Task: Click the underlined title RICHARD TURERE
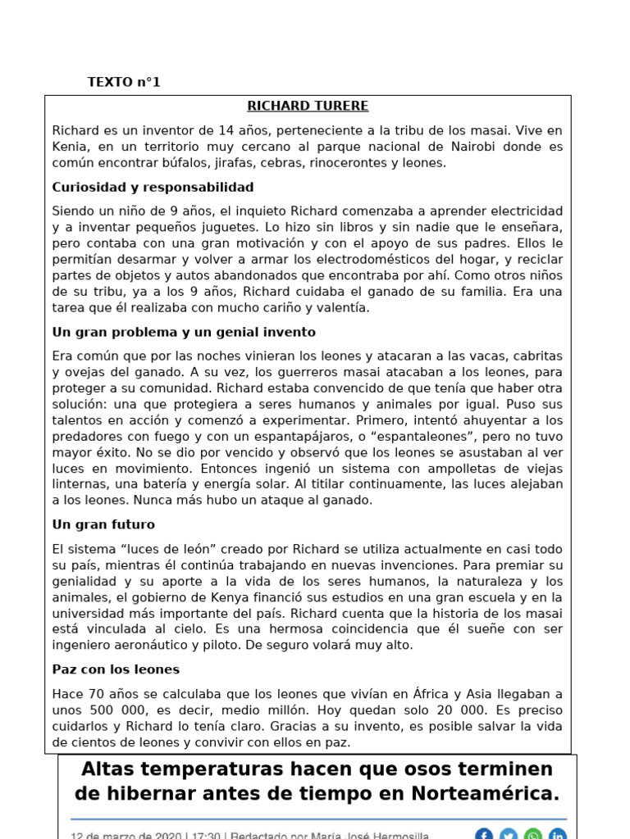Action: point(308,107)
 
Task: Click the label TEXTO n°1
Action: point(124,82)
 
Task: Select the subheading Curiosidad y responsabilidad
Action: point(153,187)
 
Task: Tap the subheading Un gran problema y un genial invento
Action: point(184,332)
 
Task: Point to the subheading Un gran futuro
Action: point(103,524)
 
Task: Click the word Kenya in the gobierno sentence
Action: point(243,597)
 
